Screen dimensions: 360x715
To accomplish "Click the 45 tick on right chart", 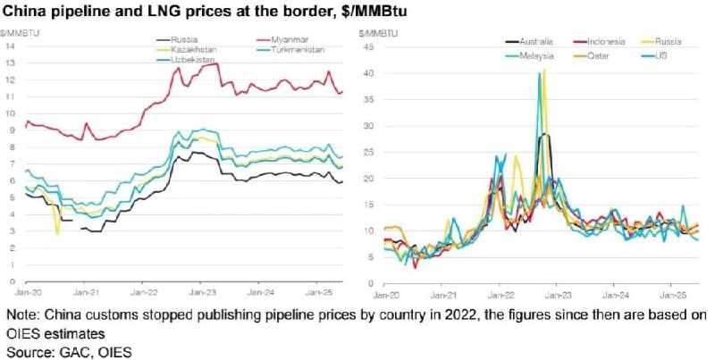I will (365, 46).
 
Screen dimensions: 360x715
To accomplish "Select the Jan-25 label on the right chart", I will (671, 292).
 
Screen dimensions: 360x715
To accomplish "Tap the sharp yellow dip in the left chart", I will (57, 234).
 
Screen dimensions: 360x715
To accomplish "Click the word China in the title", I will (29, 13).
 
